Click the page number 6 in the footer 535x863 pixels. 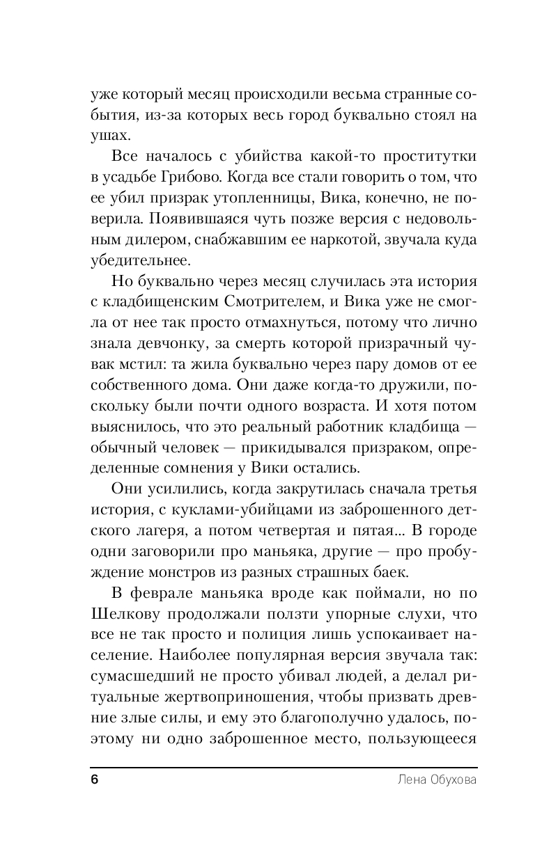[95, 779]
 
